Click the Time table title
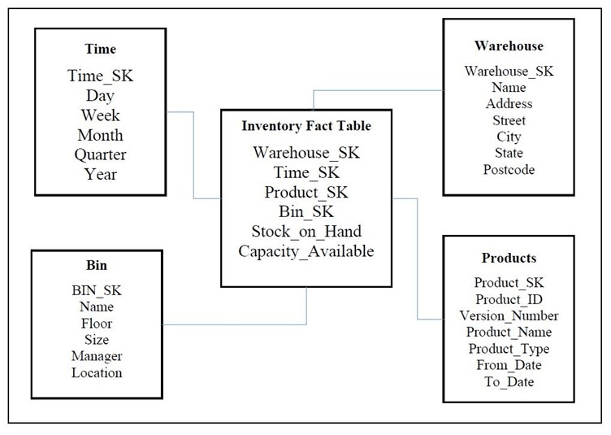(101, 50)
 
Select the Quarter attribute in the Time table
(101, 154)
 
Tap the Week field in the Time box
(101, 115)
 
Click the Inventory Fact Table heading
(305, 126)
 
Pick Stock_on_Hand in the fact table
(305, 232)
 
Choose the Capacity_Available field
(305, 251)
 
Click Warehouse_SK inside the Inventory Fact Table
(305, 152)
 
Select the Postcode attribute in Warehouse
(509, 170)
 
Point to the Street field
(509, 120)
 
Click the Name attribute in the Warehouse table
(509, 87)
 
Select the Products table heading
(509, 258)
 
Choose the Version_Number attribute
(509, 315)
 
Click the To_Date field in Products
(509, 381)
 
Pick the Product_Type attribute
(509, 349)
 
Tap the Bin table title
(96, 265)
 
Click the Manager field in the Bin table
(96, 356)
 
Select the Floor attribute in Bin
(96, 324)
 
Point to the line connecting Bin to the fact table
(236, 325)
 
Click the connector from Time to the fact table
(193, 154)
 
